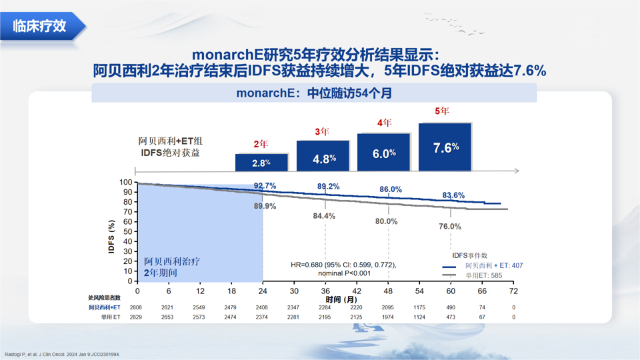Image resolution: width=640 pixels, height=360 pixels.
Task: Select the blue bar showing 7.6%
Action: (445, 147)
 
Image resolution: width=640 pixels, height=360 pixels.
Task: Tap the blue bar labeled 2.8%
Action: (261, 163)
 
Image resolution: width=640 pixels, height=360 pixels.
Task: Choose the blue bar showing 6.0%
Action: (384, 153)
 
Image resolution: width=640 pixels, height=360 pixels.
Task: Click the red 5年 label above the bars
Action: (442, 111)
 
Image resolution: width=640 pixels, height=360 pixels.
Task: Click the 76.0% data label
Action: (450, 227)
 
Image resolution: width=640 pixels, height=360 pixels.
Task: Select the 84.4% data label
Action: (324, 216)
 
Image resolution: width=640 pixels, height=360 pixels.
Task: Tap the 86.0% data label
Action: (391, 189)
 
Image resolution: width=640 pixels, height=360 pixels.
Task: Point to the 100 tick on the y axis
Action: (127, 182)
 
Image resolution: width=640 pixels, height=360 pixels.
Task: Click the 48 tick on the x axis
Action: (388, 291)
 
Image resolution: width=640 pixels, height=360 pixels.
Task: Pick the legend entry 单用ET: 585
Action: (484, 275)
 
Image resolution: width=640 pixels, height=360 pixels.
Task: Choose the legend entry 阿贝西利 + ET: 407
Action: (494, 265)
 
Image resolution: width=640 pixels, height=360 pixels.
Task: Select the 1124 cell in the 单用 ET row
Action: (419, 317)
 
